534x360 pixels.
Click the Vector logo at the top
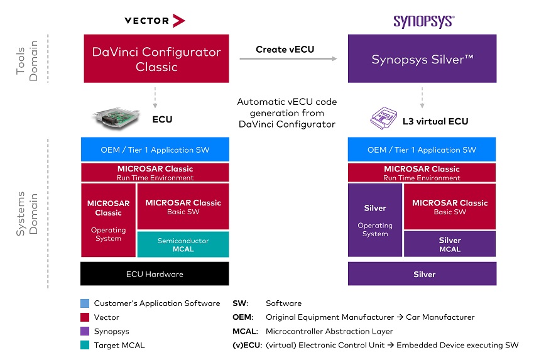coord(155,21)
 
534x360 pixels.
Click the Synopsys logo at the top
coord(423,21)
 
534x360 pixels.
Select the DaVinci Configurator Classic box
coord(156,58)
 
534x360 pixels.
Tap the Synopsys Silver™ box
coord(422,59)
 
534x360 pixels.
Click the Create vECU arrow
coord(288,59)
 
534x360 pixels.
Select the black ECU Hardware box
coord(155,274)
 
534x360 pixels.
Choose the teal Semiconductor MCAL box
coord(183,244)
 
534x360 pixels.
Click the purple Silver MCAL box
coord(450,244)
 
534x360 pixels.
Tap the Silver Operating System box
coord(375,220)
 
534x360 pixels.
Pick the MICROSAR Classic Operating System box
coord(108,220)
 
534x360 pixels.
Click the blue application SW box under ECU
coord(155,150)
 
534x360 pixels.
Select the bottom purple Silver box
coord(422,274)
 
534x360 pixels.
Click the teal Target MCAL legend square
coord(85,345)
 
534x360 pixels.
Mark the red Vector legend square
coord(85,317)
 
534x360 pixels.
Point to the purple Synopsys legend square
coord(85,331)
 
